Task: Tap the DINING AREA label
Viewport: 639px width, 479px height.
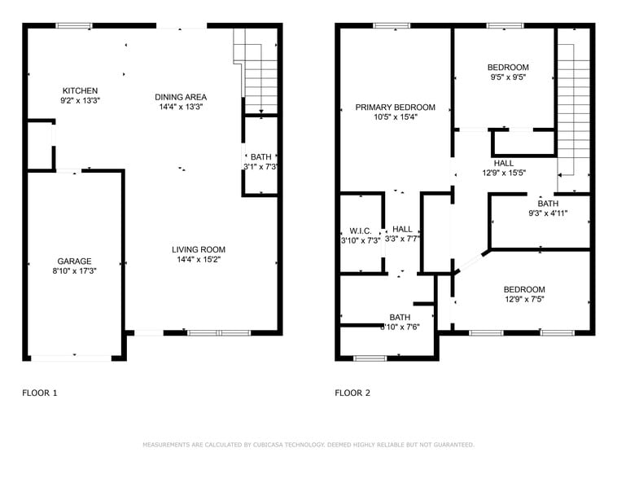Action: point(181,97)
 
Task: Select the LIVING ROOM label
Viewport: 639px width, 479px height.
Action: point(199,249)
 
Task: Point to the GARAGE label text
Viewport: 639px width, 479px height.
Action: point(74,261)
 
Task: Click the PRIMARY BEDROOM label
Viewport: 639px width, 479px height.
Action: point(396,108)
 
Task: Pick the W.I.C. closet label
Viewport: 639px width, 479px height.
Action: point(361,231)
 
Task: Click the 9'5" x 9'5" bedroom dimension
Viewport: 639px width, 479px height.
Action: point(508,77)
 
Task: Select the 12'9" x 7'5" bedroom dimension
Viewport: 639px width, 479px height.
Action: point(524,299)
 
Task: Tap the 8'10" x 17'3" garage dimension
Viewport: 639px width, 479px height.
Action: point(74,270)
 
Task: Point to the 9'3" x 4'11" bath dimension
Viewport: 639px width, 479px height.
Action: point(548,213)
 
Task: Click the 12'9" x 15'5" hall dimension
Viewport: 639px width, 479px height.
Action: point(504,173)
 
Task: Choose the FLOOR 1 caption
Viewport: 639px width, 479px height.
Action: point(40,393)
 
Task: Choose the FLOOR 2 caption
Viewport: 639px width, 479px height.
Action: point(352,393)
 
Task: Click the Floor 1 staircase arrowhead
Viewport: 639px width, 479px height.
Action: point(261,112)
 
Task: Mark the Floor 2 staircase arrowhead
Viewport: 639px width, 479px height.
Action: point(560,175)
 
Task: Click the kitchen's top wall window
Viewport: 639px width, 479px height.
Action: point(74,26)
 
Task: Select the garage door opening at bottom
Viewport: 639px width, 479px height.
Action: point(72,358)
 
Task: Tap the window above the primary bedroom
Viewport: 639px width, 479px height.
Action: point(392,26)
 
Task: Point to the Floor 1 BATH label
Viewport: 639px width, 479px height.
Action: point(260,157)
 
